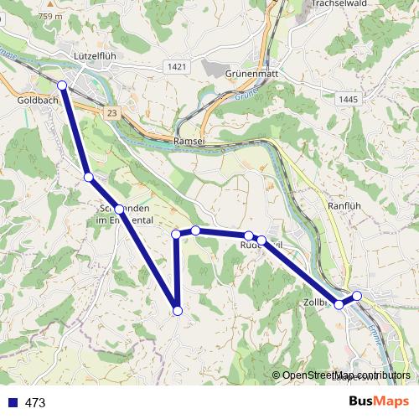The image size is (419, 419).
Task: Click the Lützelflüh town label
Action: point(88,56)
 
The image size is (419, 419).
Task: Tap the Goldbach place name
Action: point(37,99)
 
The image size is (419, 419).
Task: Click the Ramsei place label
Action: point(189,142)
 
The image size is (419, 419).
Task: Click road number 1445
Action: point(350,100)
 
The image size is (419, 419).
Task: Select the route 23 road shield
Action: point(113,111)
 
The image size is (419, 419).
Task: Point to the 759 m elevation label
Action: point(50,17)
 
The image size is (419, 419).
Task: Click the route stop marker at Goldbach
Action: point(62,85)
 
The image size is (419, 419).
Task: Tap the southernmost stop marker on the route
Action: point(177,311)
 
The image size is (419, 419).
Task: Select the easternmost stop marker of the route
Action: point(357,295)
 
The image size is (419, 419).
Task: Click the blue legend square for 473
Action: point(11,403)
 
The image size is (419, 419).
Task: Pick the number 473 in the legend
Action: point(35,403)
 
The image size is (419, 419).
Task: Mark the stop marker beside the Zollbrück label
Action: point(339,304)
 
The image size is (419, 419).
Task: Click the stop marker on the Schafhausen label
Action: point(119,209)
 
